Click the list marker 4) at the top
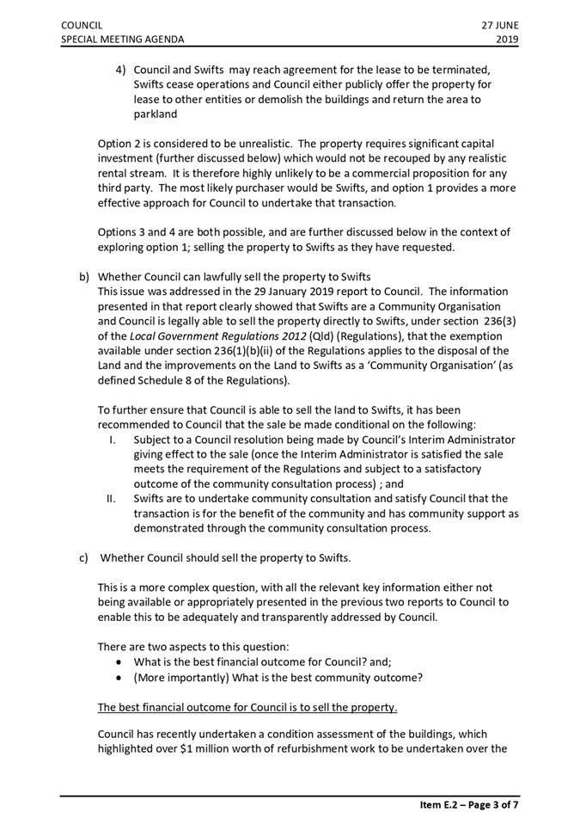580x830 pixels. pos(121,69)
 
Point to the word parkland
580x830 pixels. pos(156,114)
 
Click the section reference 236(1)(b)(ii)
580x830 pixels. pos(260,351)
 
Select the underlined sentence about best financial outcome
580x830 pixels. pos(247,707)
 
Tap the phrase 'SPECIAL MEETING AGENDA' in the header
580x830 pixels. pos(122,39)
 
